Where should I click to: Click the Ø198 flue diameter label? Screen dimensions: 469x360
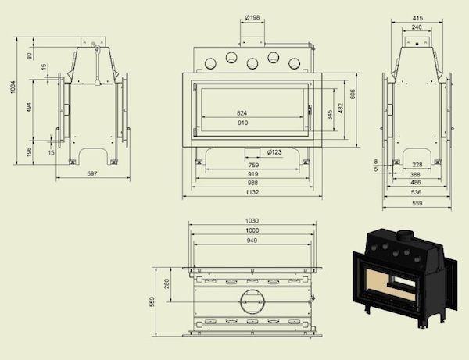tap(252, 18)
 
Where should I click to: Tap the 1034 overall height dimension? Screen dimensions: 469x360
tap(13, 87)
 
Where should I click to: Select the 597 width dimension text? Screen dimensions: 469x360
tap(92, 173)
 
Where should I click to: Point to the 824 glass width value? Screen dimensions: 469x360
tap(242, 113)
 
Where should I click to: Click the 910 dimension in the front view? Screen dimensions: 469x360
tap(243, 123)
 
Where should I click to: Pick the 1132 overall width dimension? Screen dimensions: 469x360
tap(252, 192)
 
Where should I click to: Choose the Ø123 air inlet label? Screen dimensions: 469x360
tap(274, 152)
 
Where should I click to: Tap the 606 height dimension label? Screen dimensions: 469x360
tap(353, 94)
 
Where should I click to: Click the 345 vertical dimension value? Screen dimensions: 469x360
tap(330, 115)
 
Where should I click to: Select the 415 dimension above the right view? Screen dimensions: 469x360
tap(417, 19)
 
